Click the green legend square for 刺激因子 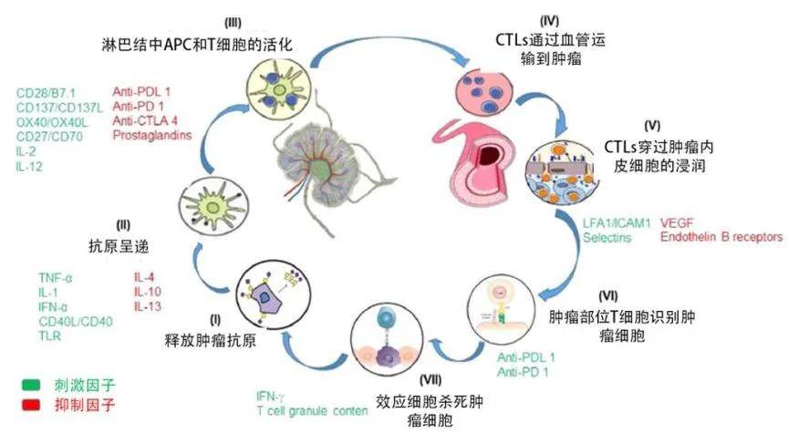[x=31, y=386]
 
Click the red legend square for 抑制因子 [x=31, y=403]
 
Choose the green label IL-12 [x=30, y=167]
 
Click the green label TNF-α [x=57, y=277]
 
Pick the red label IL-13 [x=148, y=306]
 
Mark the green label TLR [x=48, y=336]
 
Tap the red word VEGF [x=677, y=222]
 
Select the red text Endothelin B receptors [x=721, y=237]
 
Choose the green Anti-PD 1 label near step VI [x=523, y=373]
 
